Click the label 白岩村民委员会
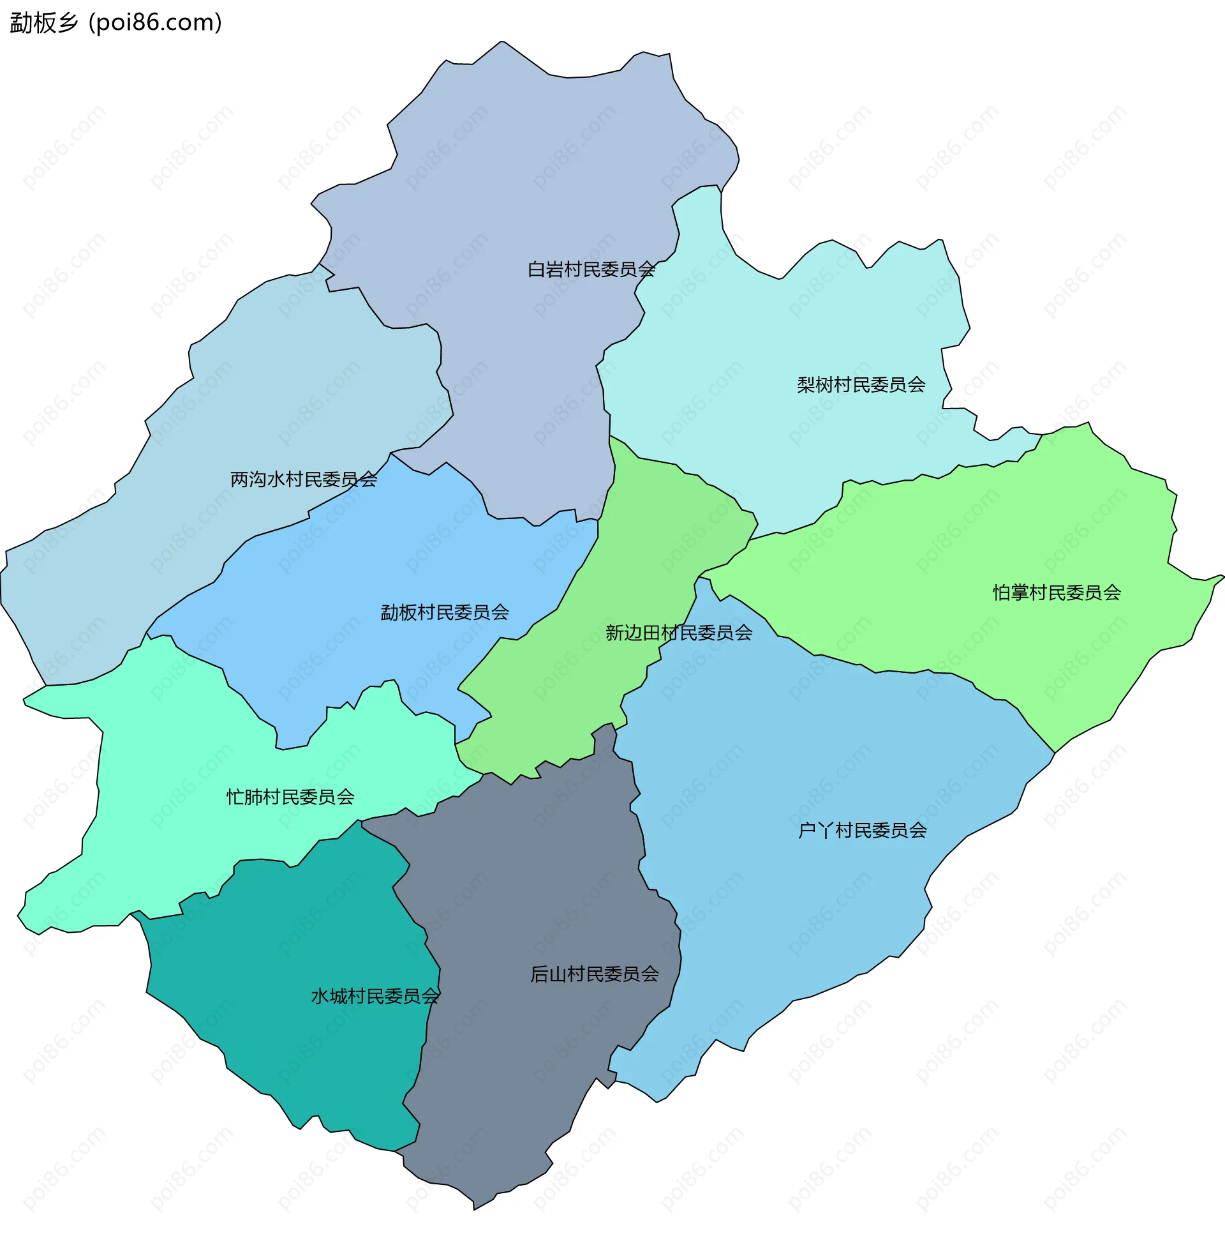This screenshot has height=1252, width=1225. tap(591, 269)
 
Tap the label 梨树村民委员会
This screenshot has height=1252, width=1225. tap(861, 384)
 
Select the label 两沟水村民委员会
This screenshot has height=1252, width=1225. tap(304, 479)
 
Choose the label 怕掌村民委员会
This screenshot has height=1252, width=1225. tap(1057, 592)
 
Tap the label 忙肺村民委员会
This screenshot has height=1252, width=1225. tap(290, 797)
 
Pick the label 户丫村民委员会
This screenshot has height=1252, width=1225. tap(862, 831)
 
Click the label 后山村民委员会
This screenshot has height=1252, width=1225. tap(595, 974)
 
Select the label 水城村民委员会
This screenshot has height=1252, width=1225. tap(375, 997)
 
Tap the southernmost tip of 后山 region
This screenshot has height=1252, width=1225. tap(475, 1209)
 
